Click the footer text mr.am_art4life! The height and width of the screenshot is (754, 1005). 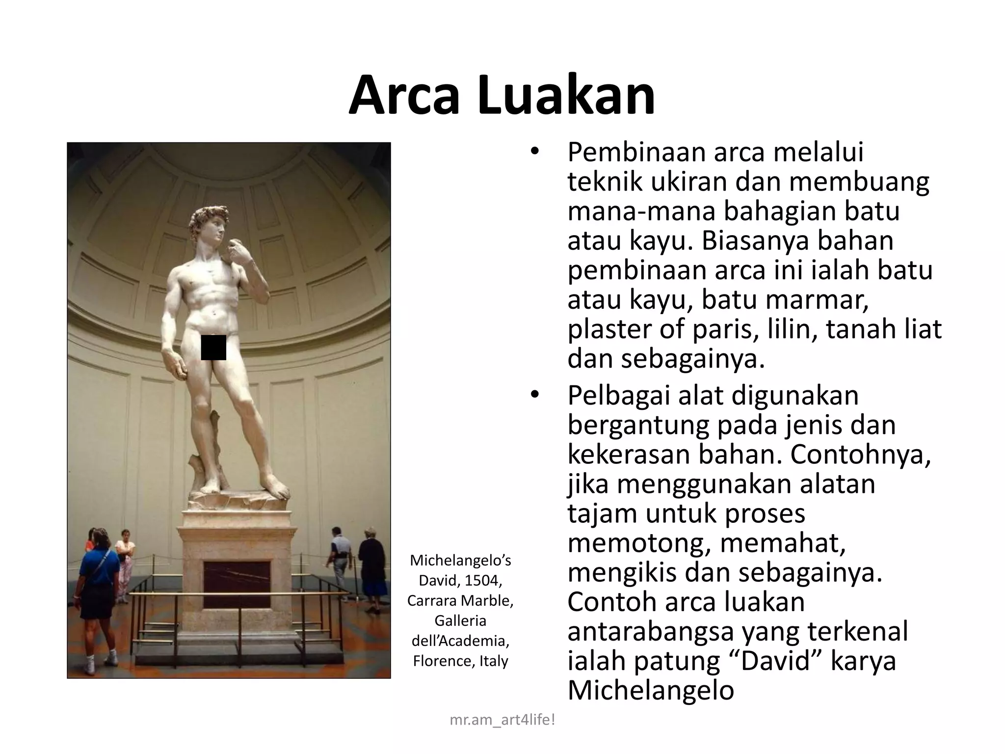point(502,720)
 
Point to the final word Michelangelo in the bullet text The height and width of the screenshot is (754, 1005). point(650,690)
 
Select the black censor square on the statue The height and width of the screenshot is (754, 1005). point(213,348)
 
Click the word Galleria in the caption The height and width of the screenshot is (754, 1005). point(460,620)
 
